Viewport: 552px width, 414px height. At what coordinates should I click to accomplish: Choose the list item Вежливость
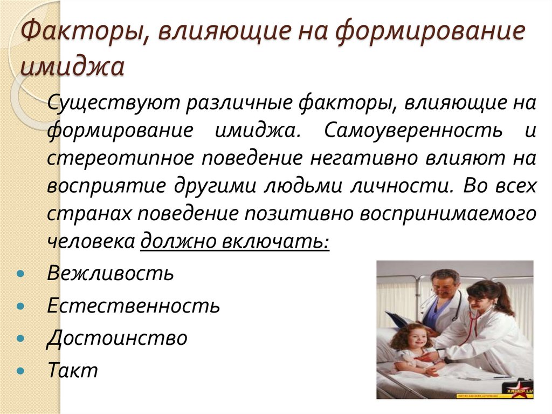(110, 273)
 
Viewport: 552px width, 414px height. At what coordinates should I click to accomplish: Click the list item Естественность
(133, 306)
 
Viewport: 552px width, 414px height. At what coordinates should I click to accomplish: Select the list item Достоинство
(117, 338)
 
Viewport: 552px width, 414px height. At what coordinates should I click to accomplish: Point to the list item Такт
(72, 370)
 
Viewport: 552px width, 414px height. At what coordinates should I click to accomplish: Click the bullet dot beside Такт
(20, 372)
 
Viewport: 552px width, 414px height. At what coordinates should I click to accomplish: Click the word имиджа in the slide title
(72, 67)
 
